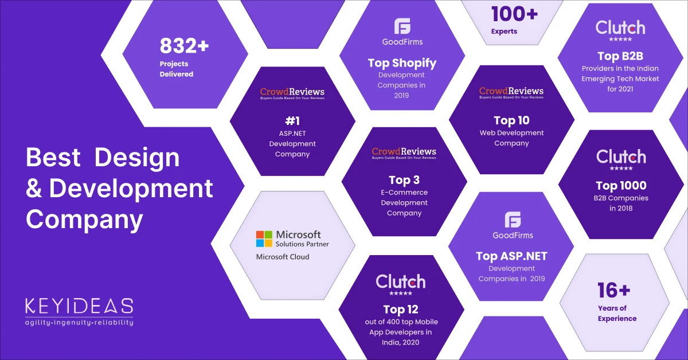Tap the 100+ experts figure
pos(514,13)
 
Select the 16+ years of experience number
pos(614,291)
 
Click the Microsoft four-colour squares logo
pos(264,238)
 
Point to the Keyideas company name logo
pos(79,306)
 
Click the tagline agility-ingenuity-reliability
pos(79,322)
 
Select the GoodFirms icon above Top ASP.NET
pos(513,220)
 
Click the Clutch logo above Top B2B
pos(620,28)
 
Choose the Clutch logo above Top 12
pos(401,281)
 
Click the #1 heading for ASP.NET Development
pos(292,121)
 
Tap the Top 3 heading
pos(404,181)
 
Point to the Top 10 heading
pos(511,120)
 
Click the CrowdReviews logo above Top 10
pos(511,92)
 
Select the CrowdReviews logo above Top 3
pos(404,152)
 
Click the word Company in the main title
pos(84,219)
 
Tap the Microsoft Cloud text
pos(282,257)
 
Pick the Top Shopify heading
pos(402,63)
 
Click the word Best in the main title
pos(53,158)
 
